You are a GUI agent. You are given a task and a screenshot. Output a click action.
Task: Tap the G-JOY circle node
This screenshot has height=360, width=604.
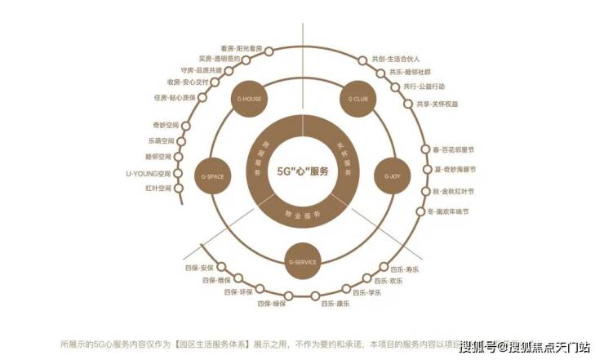coord(393,175)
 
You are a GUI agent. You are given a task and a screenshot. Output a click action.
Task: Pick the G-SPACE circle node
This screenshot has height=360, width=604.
coord(211,175)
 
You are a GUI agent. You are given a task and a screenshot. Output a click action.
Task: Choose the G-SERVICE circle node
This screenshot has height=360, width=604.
coord(302,261)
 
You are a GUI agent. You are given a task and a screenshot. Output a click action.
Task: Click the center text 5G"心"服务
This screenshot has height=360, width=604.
coord(302,172)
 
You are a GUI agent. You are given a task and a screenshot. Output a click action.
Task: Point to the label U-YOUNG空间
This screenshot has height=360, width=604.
coord(149,173)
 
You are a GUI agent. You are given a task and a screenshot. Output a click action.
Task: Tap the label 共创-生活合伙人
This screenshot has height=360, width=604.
coord(396,60)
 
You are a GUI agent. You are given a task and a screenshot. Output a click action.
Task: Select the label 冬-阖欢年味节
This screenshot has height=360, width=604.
coord(448,211)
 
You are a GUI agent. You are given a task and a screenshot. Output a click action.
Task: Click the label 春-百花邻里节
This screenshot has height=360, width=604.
coord(453,150)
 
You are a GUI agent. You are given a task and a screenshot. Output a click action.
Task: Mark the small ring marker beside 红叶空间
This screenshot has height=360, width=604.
coord(181,188)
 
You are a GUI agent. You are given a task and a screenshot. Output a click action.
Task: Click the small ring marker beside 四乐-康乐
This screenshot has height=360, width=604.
coord(315,295)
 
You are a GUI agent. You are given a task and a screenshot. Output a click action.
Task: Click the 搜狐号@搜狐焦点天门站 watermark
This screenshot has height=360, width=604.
coord(525,346)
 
